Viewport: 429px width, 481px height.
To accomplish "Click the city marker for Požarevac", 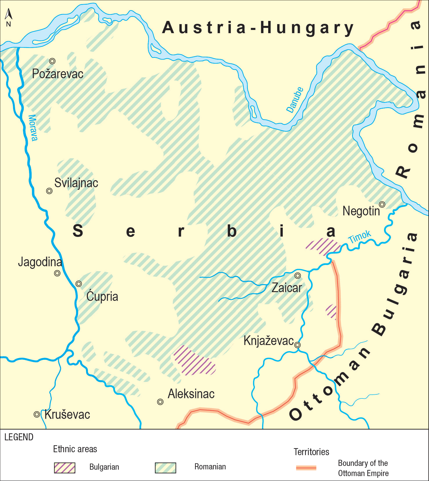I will (52, 61).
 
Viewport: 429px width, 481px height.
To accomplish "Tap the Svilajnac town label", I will (76, 183).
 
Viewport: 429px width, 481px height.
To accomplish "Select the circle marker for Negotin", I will (382, 205).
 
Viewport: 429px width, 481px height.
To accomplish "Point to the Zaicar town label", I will (287, 288).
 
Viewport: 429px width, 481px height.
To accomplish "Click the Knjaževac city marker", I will (298, 345).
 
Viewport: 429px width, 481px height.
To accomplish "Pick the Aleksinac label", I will (191, 394).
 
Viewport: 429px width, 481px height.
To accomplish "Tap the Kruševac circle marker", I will (37, 414).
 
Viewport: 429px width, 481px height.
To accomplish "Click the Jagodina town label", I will (40, 262).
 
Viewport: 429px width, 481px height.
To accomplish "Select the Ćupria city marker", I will (79, 284).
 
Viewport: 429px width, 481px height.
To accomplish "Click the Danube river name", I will (295, 100).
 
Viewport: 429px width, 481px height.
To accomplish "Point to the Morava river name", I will (33, 128).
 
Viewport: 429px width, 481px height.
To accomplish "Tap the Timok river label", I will (360, 237).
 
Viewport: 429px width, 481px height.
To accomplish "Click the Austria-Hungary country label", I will (258, 28).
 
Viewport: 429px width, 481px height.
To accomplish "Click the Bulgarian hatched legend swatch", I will (64, 468).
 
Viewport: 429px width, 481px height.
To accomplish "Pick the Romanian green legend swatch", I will (165, 468).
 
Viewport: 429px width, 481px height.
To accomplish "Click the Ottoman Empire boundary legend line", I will (306, 468).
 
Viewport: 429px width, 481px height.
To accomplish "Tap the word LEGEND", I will (19, 437).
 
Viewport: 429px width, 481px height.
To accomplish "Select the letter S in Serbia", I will (78, 231).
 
